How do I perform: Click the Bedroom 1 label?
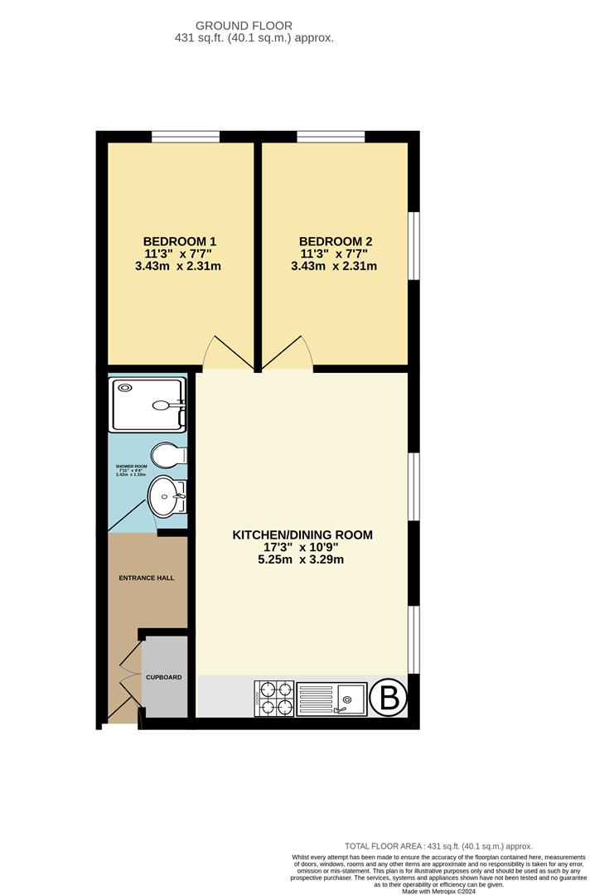[180, 241]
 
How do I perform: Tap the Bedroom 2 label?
[333, 241]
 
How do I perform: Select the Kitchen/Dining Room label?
[302, 535]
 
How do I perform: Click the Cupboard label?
[163, 677]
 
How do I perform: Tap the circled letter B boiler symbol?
[388, 699]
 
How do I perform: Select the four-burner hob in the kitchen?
[273, 698]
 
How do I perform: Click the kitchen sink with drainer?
[331, 699]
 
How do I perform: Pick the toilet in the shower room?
[168, 456]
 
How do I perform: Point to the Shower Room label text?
[130, 472]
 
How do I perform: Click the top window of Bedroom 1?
[186, 137]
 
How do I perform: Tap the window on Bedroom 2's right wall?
[414, 246]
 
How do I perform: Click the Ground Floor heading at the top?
[255, 27]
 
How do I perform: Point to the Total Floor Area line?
[438, 845]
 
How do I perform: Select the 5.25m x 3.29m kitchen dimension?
[301, 559]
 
